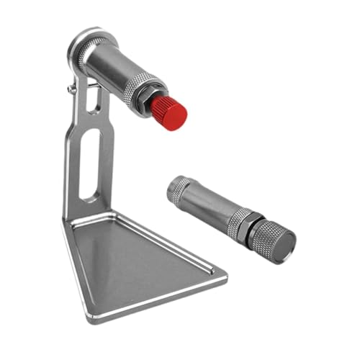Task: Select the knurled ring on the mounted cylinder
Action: pyautogui.click(x=140, y=87)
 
